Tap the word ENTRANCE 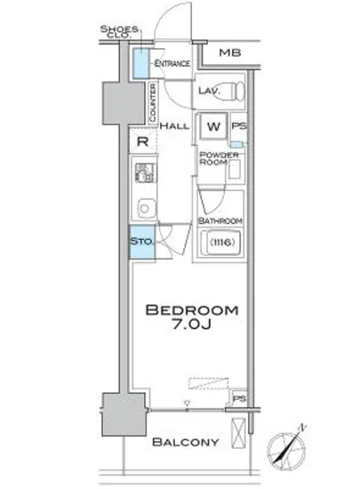[171, 65]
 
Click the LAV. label [209, 91]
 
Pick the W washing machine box [213, 126]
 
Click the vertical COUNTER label [154, 102]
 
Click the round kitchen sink [143, 209]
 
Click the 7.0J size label [192, 330]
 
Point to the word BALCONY [184, 442]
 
